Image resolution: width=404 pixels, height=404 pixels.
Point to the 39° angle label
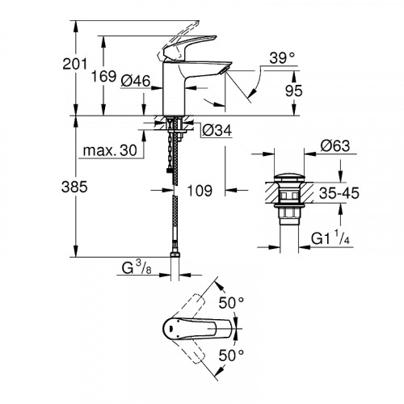pyautogui.click(x=280, y=59)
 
